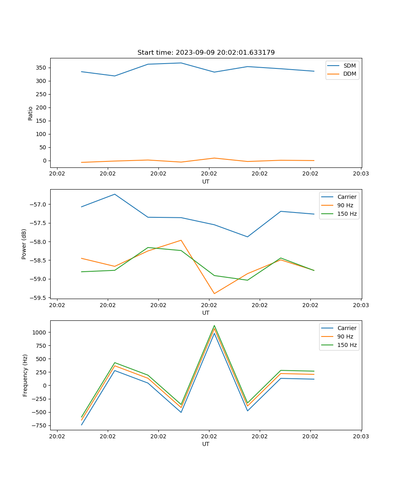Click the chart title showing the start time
[206, 53]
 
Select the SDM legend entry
[349, 66]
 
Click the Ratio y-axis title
[31, 113]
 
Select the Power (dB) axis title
[24, 244]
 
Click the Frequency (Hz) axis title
[25, 375]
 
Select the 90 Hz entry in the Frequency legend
[345, 336]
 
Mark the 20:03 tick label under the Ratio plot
[361, 174]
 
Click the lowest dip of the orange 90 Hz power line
[214, 293]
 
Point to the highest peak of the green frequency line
[214, 326]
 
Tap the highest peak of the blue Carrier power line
[115, 194]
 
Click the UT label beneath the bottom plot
[206, 444]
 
